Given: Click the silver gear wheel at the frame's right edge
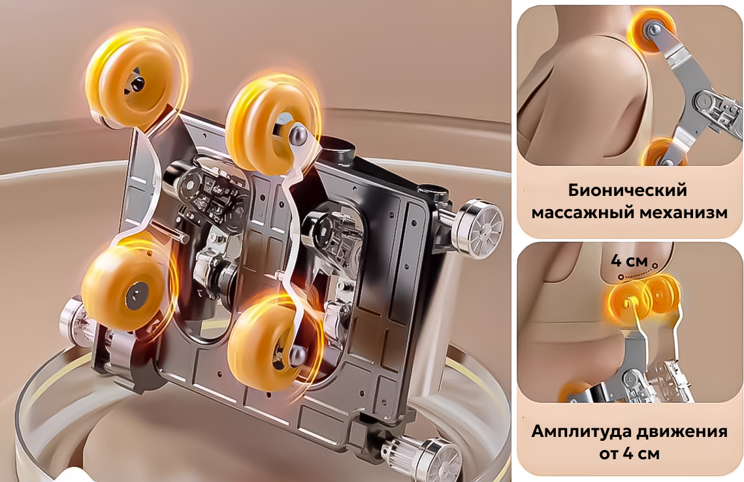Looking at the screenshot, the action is (x=476, y=228).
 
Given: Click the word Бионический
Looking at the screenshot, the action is (x=627, y=191).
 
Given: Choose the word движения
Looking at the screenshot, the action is (x=681, y=432).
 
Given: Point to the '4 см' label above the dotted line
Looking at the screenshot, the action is (x=628, y=261).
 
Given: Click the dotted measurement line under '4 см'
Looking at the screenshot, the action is (x=638, y=273).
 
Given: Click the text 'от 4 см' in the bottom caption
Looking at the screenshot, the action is (x=629, y=454).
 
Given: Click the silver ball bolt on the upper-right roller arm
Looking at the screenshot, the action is (x=297, y=131).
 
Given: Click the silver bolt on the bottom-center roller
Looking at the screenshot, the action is (x=297, y=354).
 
